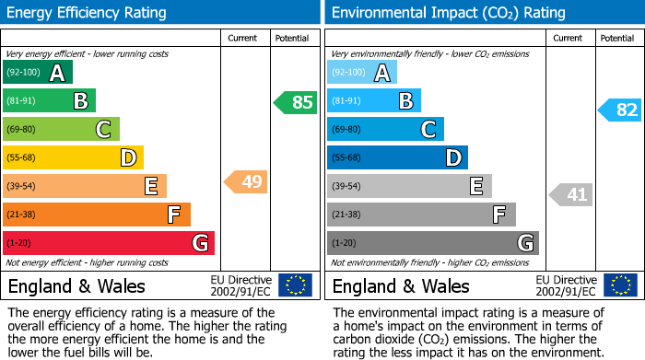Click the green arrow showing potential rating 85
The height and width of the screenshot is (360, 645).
tap(296, 102)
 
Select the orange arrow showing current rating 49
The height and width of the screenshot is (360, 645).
tap(246, 181)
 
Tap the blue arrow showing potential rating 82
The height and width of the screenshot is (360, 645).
tap(620, 110)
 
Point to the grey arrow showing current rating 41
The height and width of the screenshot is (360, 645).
tap(571, 194)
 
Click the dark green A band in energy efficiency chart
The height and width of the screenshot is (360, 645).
tap(37, 73)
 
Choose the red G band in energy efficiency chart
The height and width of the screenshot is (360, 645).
tap(108, 243)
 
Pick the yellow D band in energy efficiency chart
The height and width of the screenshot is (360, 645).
tap(73, 157)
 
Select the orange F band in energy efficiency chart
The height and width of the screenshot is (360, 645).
tap(96, 215)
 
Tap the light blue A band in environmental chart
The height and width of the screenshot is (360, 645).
tap(362, 73)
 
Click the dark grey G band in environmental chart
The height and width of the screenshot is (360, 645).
tap(432, 243)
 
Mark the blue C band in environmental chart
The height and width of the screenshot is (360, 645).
tap(385, 129)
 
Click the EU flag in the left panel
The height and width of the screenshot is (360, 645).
tap(295, 285)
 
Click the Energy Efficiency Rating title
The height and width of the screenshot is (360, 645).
tap(88, 13)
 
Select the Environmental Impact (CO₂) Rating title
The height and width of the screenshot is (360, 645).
tap(448, 13)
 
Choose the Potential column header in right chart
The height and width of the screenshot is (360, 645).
tap(617, 38)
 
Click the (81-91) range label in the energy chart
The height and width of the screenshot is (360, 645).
tap(21, 101)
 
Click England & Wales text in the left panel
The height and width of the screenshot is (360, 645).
tap(76, 285)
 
